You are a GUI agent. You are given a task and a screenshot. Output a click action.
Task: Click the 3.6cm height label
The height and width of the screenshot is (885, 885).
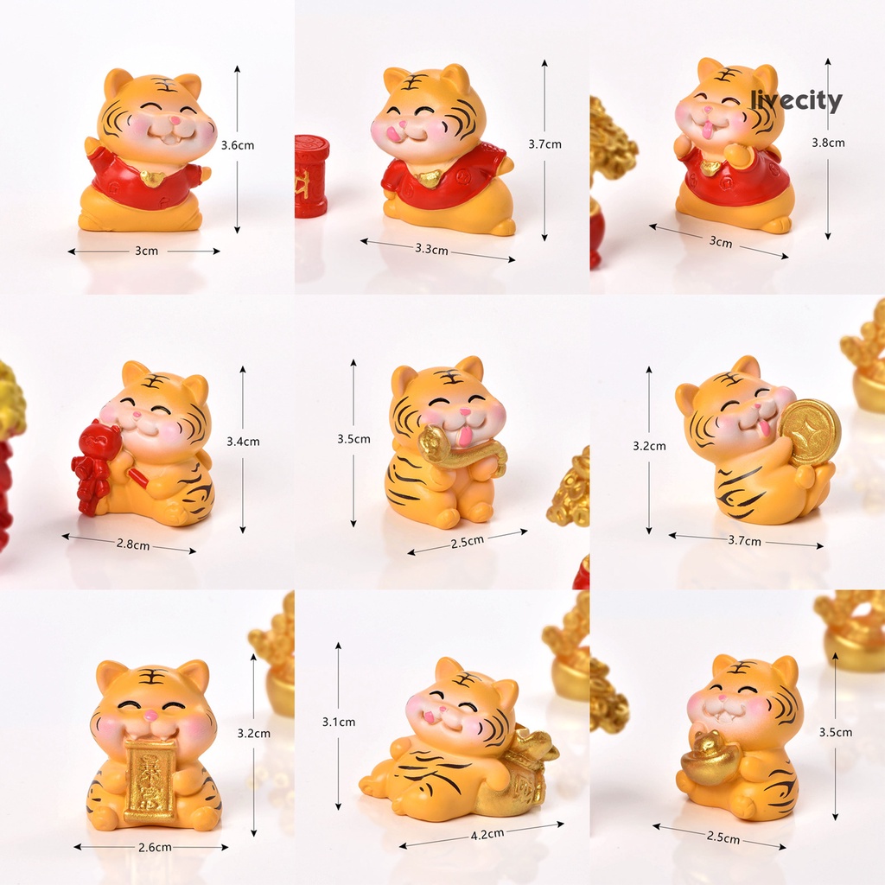pos(237,145)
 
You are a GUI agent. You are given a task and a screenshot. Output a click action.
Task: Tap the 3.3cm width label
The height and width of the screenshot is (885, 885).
pos(432,248)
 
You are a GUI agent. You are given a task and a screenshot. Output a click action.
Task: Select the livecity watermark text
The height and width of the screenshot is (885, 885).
pos(796,100)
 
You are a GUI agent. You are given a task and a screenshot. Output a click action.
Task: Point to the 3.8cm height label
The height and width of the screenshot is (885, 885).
pos(828,143)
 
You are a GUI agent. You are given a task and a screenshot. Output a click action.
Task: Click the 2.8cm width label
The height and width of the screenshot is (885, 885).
pos(133,544)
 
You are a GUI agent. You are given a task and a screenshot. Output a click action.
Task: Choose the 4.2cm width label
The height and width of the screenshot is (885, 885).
pos(487,834)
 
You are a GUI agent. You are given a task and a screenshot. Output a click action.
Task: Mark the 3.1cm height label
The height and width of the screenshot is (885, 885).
pos(339,722)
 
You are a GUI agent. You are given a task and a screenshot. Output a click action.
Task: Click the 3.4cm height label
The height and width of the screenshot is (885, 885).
pos(243,442)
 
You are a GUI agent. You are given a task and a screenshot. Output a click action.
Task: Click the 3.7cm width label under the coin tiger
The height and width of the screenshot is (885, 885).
pos(744,541)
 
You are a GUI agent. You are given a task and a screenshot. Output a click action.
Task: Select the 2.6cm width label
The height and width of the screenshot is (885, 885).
pos(155,847)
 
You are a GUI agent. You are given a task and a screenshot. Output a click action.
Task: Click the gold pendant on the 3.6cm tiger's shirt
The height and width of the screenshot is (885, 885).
pos(152,178)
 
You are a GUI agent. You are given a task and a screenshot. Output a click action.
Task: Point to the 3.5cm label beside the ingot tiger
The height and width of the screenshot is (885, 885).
pos(836,732)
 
